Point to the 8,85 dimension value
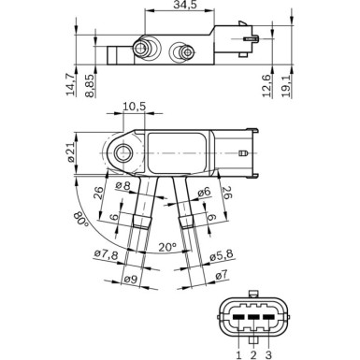90,85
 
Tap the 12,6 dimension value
267,86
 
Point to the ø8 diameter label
122,186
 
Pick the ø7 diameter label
222,275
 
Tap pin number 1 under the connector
239,353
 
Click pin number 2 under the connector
254,353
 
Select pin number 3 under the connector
269,353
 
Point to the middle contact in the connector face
254,318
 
